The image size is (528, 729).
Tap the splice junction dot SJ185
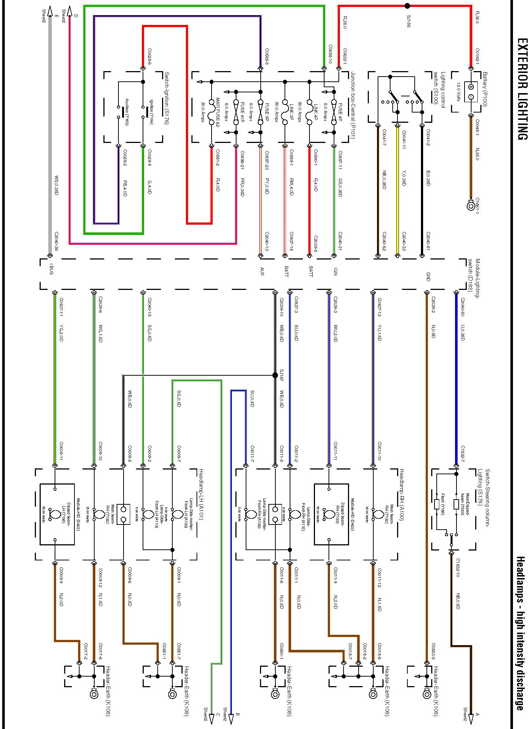point(407,6)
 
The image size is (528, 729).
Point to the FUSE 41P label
point(242,112)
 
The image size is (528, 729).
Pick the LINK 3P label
point(291,112)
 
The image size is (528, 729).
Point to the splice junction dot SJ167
point(275,375)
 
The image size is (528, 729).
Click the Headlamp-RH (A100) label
point(402,493)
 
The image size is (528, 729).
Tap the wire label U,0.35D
point(462,332)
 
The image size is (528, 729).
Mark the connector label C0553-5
point(433,652)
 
